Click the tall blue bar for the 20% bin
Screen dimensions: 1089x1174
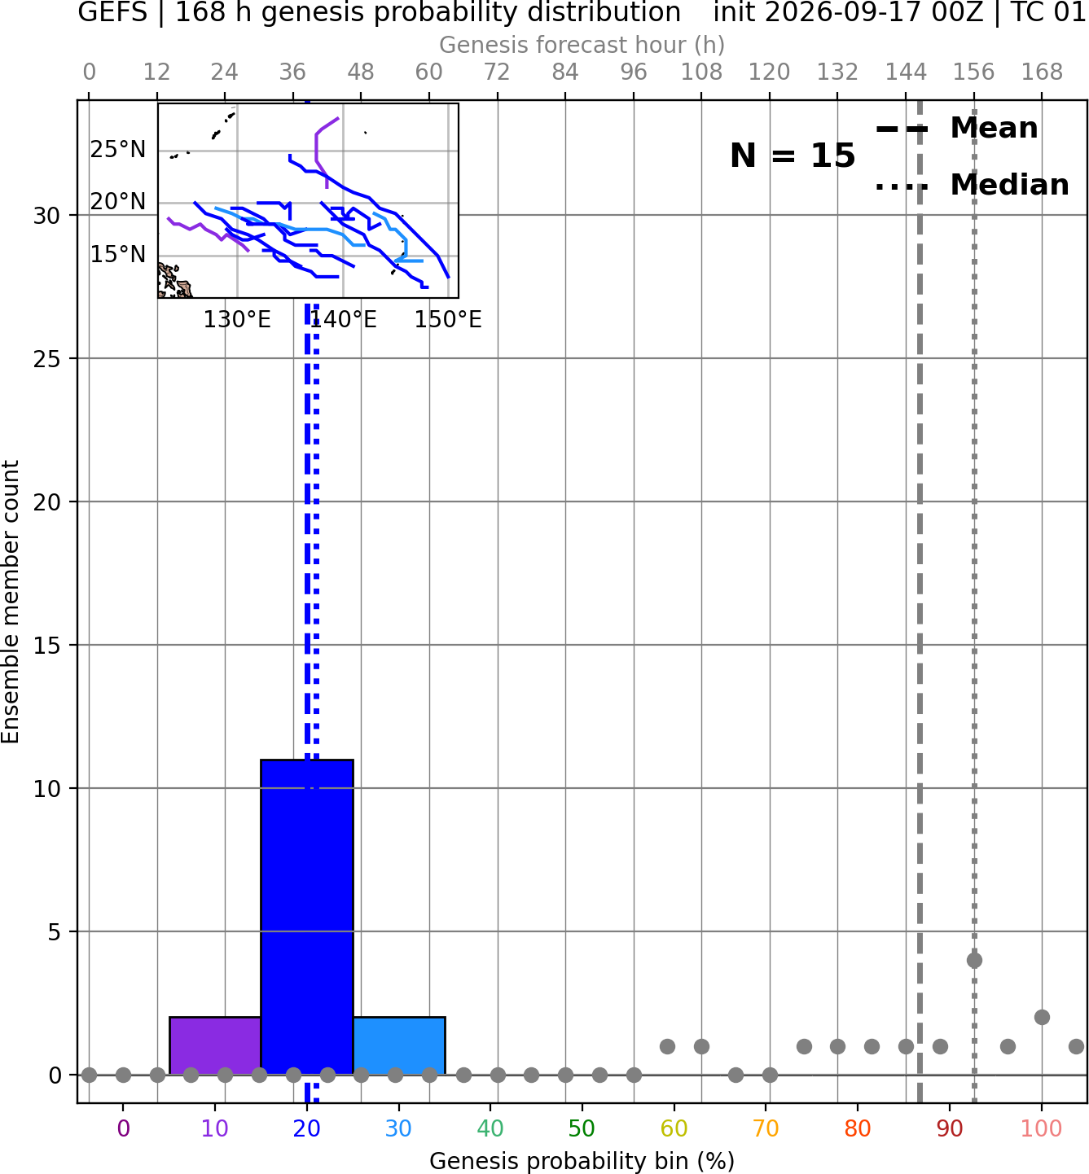tap(307, 917)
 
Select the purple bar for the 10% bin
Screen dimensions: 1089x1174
tap(215, 1046)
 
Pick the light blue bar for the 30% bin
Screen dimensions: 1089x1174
tap(399, 1046)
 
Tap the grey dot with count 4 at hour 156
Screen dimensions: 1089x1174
tap(974, 961)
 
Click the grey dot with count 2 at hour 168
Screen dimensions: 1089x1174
tap(1043, 1018)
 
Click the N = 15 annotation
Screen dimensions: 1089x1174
tap(793, 156)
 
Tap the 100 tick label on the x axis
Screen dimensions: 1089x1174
tap(1042, 1128)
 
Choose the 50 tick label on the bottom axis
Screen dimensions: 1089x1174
tap(582, 1128)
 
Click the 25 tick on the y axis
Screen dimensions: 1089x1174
tap(47, 359)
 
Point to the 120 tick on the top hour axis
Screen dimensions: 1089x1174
tap(770, 72)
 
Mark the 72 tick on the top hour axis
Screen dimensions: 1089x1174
tap(497, 72)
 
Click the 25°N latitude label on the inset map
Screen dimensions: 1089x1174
tap(118, 150)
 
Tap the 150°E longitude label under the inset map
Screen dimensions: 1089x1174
tap(448, 320)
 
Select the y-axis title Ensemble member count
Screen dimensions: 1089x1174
tap(11, 602)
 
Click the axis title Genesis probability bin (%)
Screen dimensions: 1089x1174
tap(582, 1161)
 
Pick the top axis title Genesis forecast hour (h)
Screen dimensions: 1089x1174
tap(582, 45)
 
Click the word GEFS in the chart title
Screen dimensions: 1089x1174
tap(112, 12)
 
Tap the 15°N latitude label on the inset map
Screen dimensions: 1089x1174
tap(118, 255)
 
